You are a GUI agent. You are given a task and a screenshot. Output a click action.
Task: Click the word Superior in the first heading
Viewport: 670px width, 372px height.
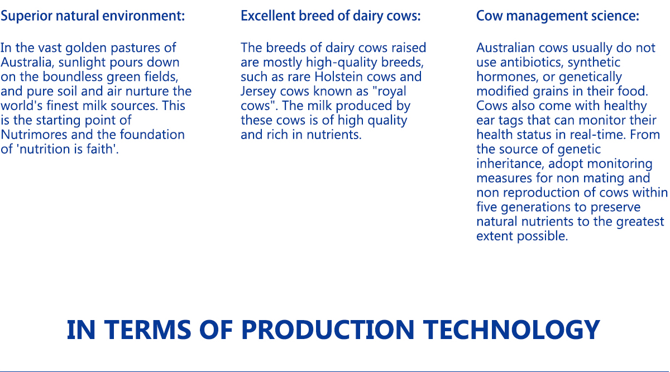[x=26, y=16]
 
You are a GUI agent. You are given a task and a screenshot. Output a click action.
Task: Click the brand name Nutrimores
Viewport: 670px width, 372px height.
[x=34, y=135]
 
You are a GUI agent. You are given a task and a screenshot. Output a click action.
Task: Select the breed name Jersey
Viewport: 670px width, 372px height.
[x=259, y=92]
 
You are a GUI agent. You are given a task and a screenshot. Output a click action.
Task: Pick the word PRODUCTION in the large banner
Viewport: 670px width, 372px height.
[x=328, y=330]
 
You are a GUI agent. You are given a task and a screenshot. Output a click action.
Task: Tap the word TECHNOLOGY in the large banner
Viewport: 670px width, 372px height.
[x=511, y=330]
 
